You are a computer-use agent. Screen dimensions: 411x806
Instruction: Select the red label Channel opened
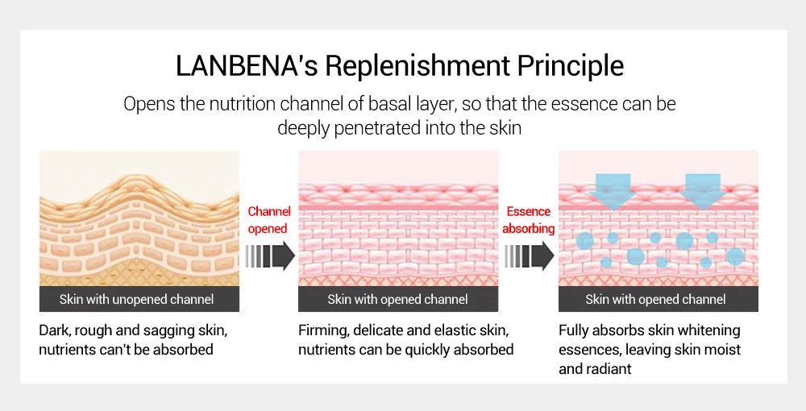point(268,220)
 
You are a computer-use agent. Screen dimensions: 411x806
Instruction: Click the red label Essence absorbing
point(529,220)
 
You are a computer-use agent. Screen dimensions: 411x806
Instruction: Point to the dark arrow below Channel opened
point(269,256)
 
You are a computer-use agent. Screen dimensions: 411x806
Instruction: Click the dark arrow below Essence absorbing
point(529,256)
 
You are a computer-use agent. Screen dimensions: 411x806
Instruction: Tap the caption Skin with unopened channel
point(136,300)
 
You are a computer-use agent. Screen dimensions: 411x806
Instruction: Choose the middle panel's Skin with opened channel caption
point(397,300)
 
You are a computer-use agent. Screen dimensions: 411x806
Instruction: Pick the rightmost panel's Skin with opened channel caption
point(655,300)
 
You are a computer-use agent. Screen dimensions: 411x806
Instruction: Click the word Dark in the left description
point(54,330)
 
